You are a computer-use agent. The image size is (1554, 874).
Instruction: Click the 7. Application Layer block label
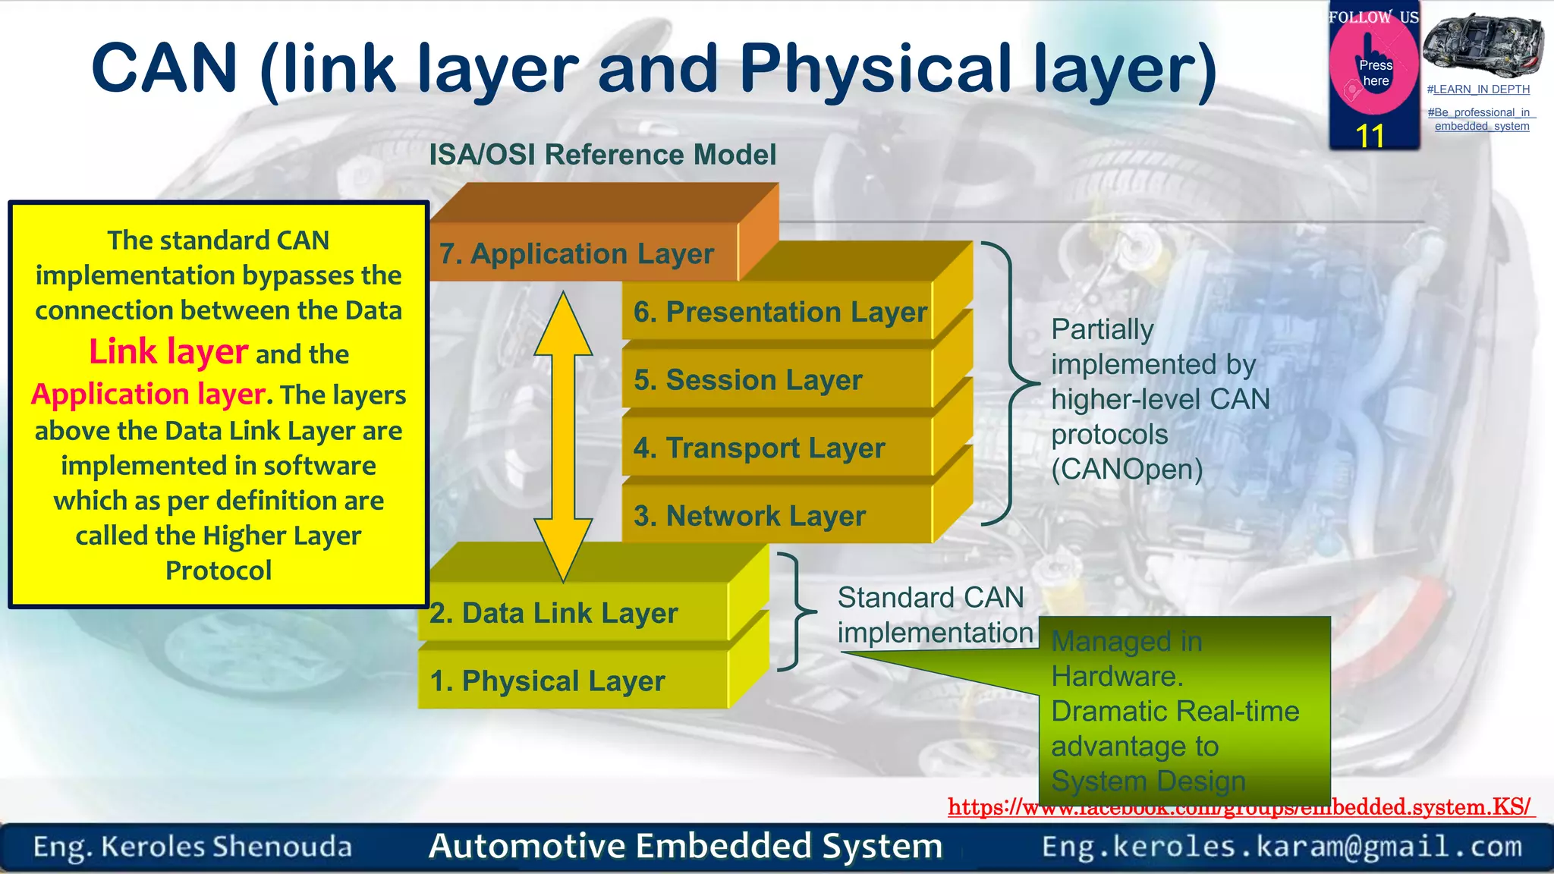[577, 254]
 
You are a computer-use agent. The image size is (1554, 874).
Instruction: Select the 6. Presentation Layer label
[780, 312]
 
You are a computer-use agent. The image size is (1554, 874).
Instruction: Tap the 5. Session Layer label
[748, 380]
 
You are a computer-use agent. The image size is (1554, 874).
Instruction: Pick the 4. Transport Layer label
[760, 448]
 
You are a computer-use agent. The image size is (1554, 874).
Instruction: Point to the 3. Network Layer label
[750, 516]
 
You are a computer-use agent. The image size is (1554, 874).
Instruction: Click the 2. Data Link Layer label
[554, 613]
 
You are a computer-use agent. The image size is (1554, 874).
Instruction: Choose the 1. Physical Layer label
[548, 681]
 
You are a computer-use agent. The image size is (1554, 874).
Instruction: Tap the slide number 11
[1370, 137]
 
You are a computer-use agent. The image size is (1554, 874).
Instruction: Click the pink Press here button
[1374, 73]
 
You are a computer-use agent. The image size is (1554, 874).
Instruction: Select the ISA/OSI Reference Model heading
[602, 155]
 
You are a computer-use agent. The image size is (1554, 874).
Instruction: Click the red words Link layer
[168, 352]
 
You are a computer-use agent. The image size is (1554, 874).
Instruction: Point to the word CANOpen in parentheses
[1127, 470]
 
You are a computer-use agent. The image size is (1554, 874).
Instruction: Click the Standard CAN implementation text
[933, 615]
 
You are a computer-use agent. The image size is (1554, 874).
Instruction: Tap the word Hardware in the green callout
[1117, 676]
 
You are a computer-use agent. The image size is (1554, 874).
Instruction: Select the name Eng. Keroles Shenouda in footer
[193, 847]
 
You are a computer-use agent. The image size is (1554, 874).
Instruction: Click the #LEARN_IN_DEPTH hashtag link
[1478, 90]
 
